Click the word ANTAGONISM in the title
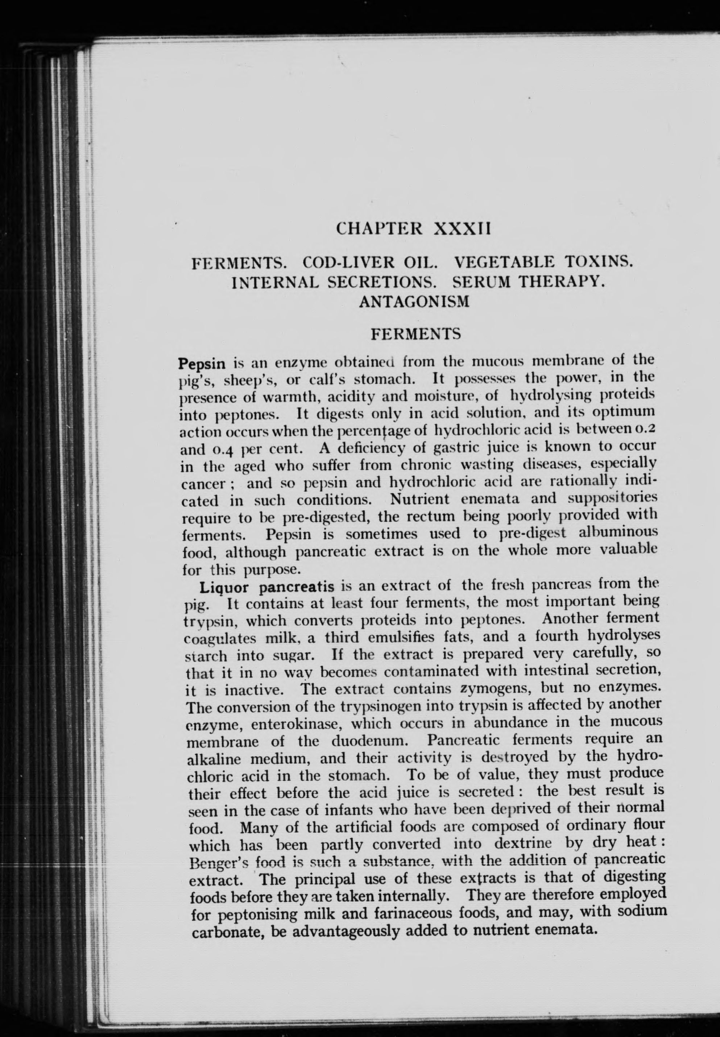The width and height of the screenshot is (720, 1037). click(x=414, y=301)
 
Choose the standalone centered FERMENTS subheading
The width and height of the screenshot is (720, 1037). click(x=415, y=334)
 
